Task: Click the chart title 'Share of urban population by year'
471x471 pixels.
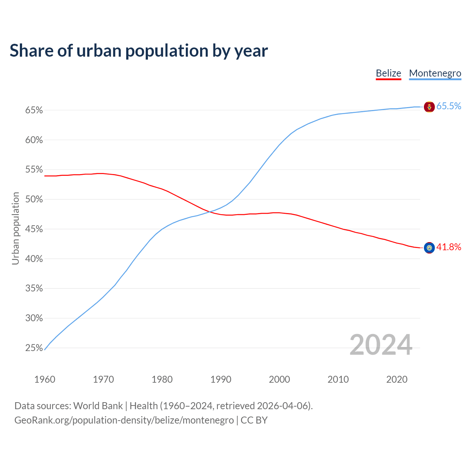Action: pos(139,51)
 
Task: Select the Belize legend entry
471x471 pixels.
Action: pos(388,73)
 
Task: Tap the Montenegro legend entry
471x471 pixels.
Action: pos(435,73)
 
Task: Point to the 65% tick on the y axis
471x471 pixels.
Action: pos(34,110)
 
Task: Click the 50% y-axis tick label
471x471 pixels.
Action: pos(34,199)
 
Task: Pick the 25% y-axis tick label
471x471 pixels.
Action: pos(34,348)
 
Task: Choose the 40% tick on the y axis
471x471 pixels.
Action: pos(34,259)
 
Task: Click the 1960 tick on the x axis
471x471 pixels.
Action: pos(45,379)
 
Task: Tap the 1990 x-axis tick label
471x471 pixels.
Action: pos(221,379)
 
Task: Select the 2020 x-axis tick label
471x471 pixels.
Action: pos(397,379)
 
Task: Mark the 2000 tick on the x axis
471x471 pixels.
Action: pos(279,379)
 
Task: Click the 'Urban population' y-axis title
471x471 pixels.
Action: pos(15,228)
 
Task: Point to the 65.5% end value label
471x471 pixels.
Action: pos(449,106)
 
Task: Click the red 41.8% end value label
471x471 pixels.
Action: pos(449,247)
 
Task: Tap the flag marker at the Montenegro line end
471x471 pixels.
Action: pos(429,107)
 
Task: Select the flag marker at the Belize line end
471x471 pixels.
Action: pos(429,248)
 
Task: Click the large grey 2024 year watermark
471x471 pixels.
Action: pos(381,345)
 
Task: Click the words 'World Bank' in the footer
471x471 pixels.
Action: pos(98,406)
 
